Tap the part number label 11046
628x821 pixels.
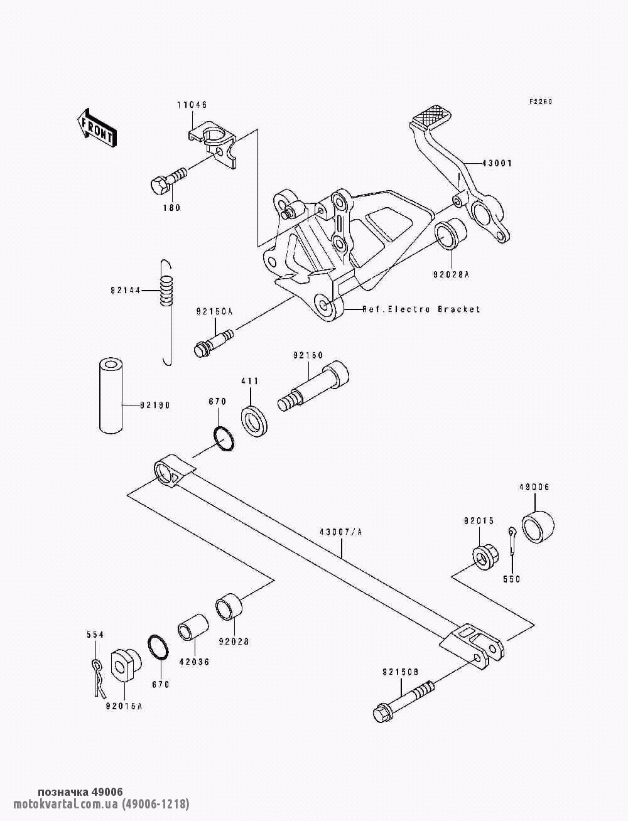[192, 105]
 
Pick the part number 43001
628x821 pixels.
[497, 164]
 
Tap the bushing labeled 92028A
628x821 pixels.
[452, 235]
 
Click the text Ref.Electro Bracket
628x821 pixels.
[421, 309]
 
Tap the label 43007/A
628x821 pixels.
[342, 532]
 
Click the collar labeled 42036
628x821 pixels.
[193, 631]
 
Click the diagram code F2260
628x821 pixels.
[540, 102]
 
